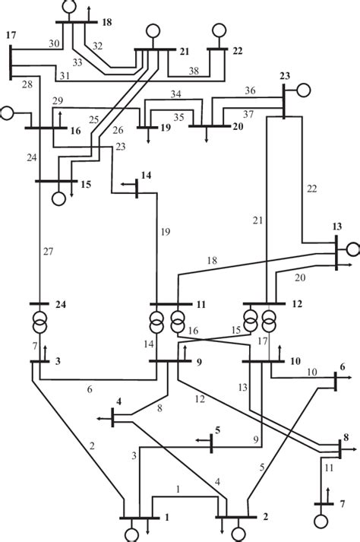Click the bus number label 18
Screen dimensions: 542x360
(x=106, y=23)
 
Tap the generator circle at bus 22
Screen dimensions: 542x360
(x=219, y=32)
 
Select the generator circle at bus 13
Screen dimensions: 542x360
(x=352, y=249)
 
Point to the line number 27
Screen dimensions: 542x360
(x=48, y=252)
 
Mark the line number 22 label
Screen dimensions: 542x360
(x=311, y=189)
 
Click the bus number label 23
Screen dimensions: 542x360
(x=285, y=75)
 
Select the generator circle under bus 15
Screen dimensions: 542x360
(x=58, y=198)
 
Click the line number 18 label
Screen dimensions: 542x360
(x=212, y=261)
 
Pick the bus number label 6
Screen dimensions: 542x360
(x=342, y=366)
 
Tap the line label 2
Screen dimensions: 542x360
(x=93, y=445)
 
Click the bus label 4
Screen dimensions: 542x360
(x=118, y=400)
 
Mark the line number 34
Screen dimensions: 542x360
(x=176, y=94)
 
